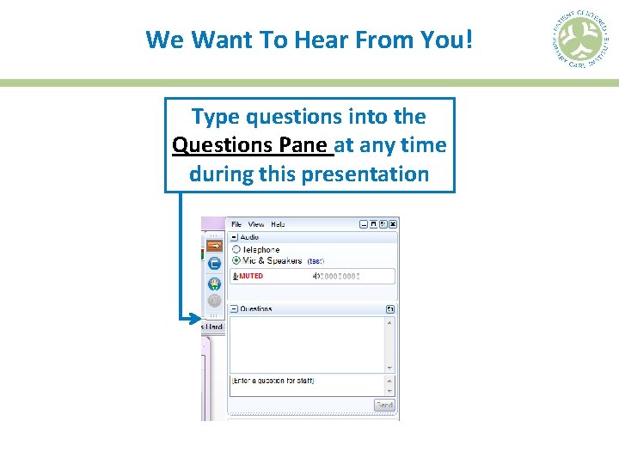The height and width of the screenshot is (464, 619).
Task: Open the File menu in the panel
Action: (x=237, y=224)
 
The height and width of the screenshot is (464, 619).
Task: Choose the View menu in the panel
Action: (x=256, y=224)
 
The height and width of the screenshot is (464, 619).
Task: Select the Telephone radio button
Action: (x=236, y=249)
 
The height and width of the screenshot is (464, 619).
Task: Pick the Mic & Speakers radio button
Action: (x=236, y=260)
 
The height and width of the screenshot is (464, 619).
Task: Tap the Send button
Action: (x=384, y=405)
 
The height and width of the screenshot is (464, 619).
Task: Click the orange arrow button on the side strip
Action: (x=214, y=245)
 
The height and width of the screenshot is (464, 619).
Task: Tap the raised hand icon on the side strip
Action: (x=214, y=283)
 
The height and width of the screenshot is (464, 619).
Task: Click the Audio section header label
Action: (x=249, y=236)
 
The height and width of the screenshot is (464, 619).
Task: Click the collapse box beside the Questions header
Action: (x=233, y=308)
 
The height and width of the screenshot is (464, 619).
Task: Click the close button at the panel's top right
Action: (x=393, y=224)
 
